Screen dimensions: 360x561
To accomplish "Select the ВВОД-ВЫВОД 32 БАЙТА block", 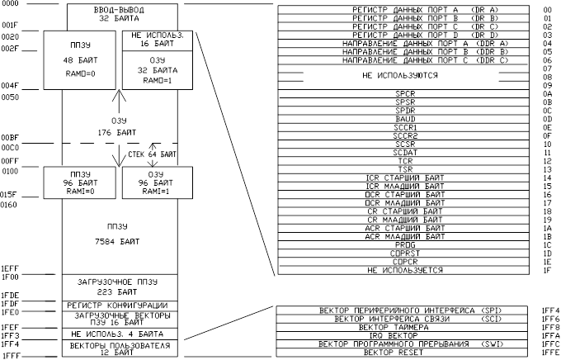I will [120, 14].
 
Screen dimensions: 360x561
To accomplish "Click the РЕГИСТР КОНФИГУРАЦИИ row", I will [120, 306].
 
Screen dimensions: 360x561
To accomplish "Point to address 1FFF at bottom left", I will [11, 354].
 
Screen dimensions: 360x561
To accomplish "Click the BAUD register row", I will [404, 120].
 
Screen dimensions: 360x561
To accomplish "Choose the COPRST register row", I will [404, 253].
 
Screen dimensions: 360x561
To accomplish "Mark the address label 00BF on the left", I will [11, 137].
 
